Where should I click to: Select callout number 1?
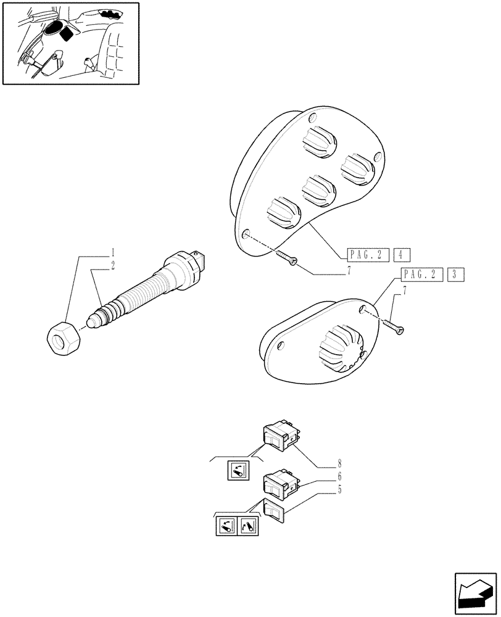pyautogui.click(x=114, y=252)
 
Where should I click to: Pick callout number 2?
pyautogui.click(x=114, y=265)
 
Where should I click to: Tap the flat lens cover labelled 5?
pyautogui.click(x=273, y=510)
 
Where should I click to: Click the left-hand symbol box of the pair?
pyautogui.click(x=226, y=526)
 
